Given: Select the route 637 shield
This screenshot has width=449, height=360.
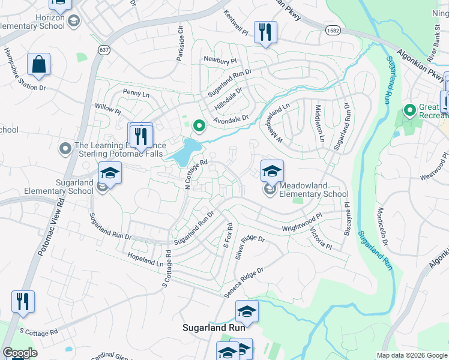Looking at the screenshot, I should (x=105, y=49).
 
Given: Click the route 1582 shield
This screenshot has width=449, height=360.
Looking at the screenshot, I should (x=334, y=29).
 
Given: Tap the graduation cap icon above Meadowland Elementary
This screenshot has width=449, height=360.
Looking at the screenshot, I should (x=272, y=172).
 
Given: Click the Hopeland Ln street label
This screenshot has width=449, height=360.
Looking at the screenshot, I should (x=145, y=260).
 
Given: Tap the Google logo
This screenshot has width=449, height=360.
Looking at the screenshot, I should (x=20, y=353).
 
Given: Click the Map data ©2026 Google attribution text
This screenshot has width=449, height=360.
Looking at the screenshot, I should (x=412, y=355).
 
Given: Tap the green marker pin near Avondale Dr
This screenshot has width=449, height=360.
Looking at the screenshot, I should (x=199, y=126).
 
